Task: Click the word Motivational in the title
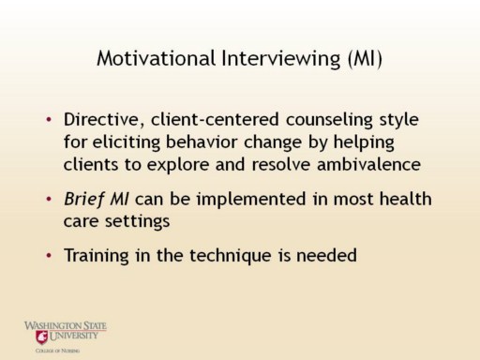pos(157,58)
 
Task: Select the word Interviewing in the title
pos(281,58)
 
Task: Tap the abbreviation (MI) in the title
pos(366,59)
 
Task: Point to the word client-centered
pos(215,120)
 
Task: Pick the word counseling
pos(329,121)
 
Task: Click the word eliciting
pos(127,142)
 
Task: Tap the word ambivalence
pos(368,164)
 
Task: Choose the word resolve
pos(281,164)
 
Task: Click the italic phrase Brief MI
pos(96,199)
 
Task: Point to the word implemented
pos(250,200)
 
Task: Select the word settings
pos(137,222)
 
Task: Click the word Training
pos(97,256)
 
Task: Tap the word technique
pos(231,256)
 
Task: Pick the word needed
pos(326,255)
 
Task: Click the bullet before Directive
pos(49,119)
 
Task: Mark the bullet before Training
pos(49,256)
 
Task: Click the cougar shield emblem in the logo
pos(41,337)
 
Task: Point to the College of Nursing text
pos(57,351)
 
